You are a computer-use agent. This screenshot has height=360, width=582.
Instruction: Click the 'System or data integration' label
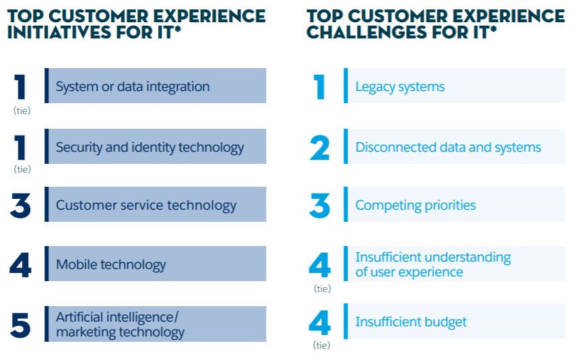point(133,86)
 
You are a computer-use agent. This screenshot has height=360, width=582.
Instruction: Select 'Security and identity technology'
point(150,148)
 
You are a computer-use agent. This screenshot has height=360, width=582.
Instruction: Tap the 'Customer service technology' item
point(146,206)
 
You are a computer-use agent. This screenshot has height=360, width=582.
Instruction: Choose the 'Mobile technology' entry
point(111,265)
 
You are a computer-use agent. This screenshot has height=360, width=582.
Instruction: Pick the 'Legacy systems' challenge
point(400,87)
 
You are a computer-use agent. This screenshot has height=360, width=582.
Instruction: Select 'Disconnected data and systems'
point(449,148)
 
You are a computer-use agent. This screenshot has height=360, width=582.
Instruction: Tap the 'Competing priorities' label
point(416,206)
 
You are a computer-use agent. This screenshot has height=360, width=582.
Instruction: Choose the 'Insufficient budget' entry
point(411,322)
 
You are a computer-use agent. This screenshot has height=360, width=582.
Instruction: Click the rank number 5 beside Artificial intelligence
point(20,325)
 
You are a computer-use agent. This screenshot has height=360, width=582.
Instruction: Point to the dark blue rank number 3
point(20,205)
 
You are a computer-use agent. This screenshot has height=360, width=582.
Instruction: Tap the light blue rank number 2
point(319,148)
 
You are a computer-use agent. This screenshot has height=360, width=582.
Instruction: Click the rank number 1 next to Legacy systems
point(319,87)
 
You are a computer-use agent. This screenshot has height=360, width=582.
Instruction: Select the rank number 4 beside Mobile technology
point(20,265)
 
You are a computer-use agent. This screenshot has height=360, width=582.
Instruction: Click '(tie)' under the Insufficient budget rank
point(321,345)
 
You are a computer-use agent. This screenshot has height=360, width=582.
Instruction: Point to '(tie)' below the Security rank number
point(22,169)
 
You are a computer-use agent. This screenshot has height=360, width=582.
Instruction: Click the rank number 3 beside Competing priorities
point(319,205)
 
